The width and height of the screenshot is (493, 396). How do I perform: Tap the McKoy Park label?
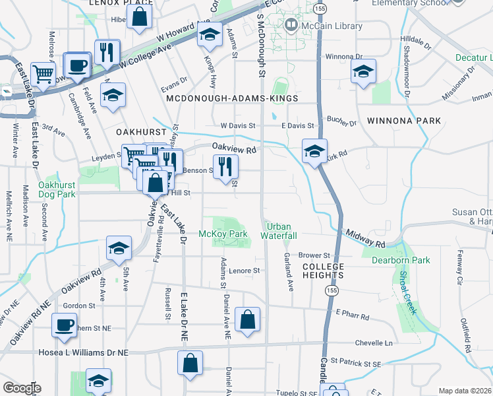223,234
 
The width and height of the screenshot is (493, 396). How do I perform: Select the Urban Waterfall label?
281,231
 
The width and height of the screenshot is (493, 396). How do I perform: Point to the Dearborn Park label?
400,260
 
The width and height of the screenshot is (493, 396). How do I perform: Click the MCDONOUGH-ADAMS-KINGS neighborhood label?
231,98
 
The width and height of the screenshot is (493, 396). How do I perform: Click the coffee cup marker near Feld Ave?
78,65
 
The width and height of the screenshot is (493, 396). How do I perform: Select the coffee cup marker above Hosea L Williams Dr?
65,325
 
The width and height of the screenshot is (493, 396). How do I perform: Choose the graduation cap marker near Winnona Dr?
362,71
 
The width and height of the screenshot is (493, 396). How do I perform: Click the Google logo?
21,388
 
